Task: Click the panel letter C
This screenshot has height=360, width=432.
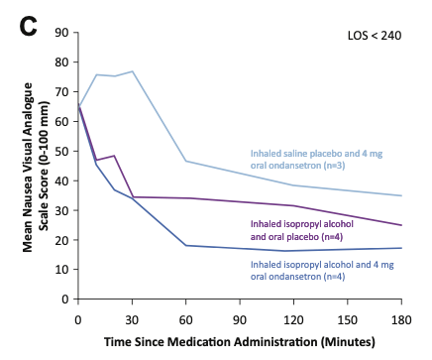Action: click(x=28, y=26)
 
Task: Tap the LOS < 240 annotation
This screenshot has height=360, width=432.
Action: click(x=375, y=36)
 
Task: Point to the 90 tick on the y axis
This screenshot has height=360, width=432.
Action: click(x=61, y=33)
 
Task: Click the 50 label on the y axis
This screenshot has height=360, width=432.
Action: click(x=61, y=151)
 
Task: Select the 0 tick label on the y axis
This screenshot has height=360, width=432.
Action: click(x=65, y=300)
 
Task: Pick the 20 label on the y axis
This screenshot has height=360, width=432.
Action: click(x=61, y=240)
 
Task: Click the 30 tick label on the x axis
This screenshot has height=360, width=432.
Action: click(x=132, y=320)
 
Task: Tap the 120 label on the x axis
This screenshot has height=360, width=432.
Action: click(x=293, y=320)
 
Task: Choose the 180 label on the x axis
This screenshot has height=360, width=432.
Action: click(x=401, y=320)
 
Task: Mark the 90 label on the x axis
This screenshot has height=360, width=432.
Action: click(x=240, y=320)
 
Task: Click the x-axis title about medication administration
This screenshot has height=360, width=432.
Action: click(x=240, y=342)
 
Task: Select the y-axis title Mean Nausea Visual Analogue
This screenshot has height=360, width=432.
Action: click(x=28, y=167)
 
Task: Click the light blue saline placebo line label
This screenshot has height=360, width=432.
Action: click(x=316, y=160)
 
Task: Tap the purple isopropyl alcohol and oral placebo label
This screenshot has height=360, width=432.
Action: click(x=302, y=230)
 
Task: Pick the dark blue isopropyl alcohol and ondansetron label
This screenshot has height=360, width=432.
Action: click(x=322, y=271)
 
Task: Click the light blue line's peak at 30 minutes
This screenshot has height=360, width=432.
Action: click(x=132, y=71)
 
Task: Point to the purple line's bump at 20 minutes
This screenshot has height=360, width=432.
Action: click(x=114, y=156)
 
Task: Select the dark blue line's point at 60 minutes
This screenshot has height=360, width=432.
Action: click(x=186, y=245)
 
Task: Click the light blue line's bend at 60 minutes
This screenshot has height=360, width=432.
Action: click(x=186, y=161)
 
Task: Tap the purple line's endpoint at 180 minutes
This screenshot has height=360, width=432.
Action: click(x=401, y=225)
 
